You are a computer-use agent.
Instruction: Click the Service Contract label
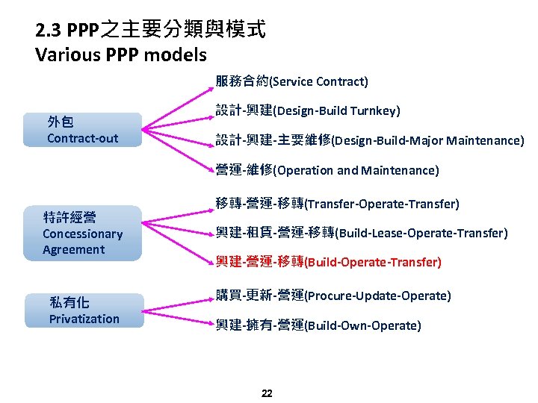click(291, 81)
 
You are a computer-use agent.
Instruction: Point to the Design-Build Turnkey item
click(308, 110)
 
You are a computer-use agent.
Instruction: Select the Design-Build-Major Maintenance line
click(370, 140)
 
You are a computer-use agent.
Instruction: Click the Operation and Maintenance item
click(327, 170)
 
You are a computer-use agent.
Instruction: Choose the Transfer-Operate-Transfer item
click(337, 204)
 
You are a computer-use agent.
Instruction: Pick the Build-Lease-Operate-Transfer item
click(362, 233)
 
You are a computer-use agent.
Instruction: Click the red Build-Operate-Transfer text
click(329, 262)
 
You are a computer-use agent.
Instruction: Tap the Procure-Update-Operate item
click(333, 296)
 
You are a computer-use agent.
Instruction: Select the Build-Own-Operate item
click(318, 325)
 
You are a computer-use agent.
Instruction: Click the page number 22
click(267, 393)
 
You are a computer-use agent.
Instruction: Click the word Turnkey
click(375, 110)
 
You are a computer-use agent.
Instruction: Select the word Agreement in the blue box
click(74, 249)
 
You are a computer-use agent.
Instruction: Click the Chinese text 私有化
click(69, 302)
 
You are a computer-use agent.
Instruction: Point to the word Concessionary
click(82, 234)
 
